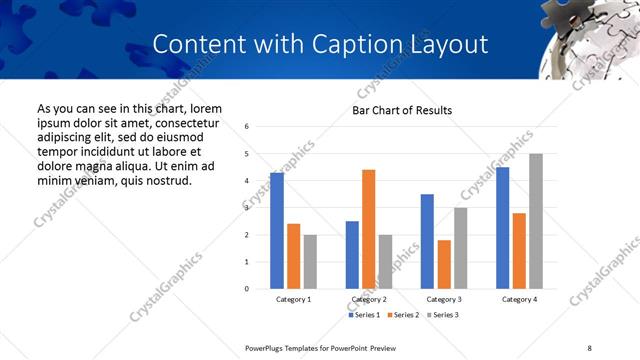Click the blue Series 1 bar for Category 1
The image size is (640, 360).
[x=277, y=231]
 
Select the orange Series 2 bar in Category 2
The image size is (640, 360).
[x=368, y=229]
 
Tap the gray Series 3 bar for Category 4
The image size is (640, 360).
[x=536, y=221]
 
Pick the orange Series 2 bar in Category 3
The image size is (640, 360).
[x=444, y=264]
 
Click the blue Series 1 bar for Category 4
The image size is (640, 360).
[x=502, y=228]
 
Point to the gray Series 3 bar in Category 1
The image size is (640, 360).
[x=310, y=262]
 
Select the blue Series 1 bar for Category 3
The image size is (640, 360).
[x=427, y=241]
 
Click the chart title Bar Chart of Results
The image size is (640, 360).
[x=402, y=110]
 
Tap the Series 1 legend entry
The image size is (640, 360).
[x=365, y=316]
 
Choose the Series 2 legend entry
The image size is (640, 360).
[x=403, y=316]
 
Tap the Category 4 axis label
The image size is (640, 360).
[x=519, y=299]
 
